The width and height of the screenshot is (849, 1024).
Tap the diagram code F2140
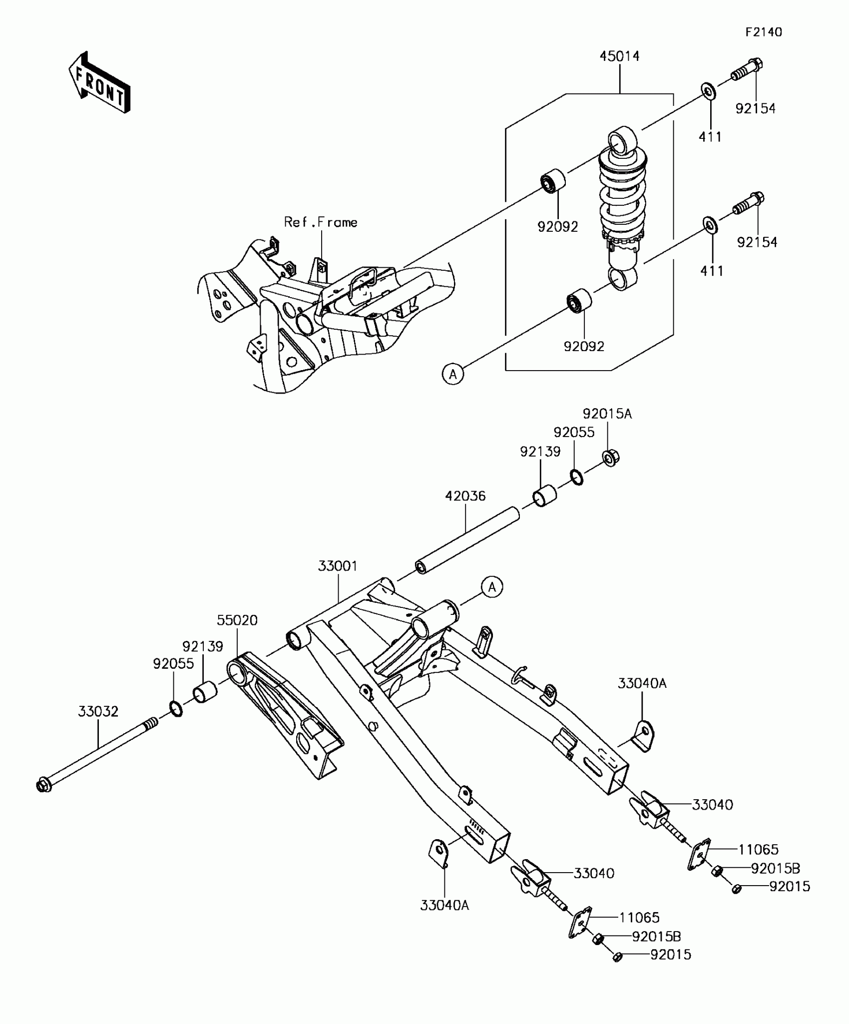(763, 32)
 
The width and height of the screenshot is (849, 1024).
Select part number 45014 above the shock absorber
(619, 56)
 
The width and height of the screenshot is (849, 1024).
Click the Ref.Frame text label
(321, 222)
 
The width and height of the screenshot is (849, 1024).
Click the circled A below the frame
(453, 374)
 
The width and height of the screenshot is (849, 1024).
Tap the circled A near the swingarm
(492, 587)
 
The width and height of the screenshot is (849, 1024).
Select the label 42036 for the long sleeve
(465, 496)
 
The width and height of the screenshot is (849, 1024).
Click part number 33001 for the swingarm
(338, 566)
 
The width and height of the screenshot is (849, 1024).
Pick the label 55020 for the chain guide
(237, 620)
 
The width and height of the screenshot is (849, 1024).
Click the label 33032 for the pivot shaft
(98, 711)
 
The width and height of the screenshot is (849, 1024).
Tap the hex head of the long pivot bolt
(44, 785)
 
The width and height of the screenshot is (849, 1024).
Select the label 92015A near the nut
(607, 414)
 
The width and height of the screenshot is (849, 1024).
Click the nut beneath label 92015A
(611, 458)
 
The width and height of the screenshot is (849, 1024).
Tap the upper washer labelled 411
(708, 92)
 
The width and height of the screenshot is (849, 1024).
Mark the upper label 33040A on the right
(642, 683)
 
